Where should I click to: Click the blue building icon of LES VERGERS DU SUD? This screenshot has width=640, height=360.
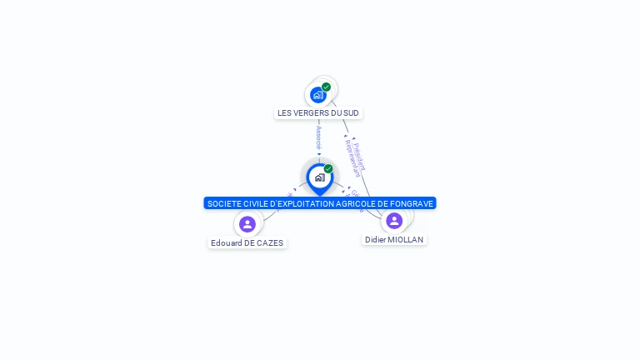click(x=317, y=95)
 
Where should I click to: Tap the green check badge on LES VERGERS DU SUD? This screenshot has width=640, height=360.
click(x=327, y=87)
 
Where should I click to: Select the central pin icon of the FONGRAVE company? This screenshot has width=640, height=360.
click(x=319, y=177)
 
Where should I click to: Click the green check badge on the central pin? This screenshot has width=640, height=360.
click(x=328, y=169)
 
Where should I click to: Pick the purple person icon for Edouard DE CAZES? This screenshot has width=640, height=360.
click(x=247, y=224)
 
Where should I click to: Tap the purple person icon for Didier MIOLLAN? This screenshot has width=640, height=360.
click(x=394, y=221)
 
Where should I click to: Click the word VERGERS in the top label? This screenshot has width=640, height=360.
click(x=312, y=113)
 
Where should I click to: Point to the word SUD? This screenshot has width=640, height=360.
click(x=352, y=113)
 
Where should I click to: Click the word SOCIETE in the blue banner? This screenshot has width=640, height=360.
click(x=223, y=203)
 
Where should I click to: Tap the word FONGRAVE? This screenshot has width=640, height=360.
click(x=412, y=203)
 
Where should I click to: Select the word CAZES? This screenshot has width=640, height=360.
click(x=270, y=243)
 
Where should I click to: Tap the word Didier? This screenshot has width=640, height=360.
click(x=376, y=240)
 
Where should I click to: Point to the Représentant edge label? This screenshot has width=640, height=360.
click(x=352, y=158)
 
